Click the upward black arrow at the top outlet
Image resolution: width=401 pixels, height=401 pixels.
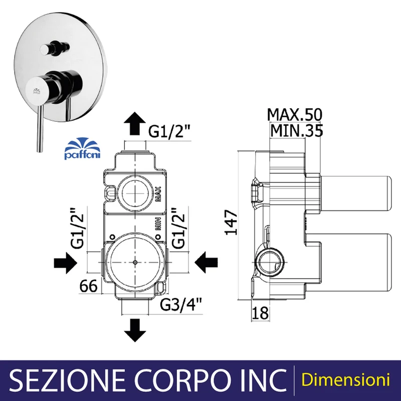[135, 124]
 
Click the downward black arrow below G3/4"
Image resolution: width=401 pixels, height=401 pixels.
[135, 330]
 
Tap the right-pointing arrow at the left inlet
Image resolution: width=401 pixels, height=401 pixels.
[66, 263]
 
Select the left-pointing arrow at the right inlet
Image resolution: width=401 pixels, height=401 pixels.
[206, 262]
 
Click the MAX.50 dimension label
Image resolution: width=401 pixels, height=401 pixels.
[295, 115]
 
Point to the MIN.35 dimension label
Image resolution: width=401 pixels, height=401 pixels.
[297, 130]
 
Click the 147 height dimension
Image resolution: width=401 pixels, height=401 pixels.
[231, 222]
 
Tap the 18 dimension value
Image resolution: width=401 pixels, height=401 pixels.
[260, 312]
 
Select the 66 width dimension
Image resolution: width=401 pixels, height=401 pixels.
[89, 286]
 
